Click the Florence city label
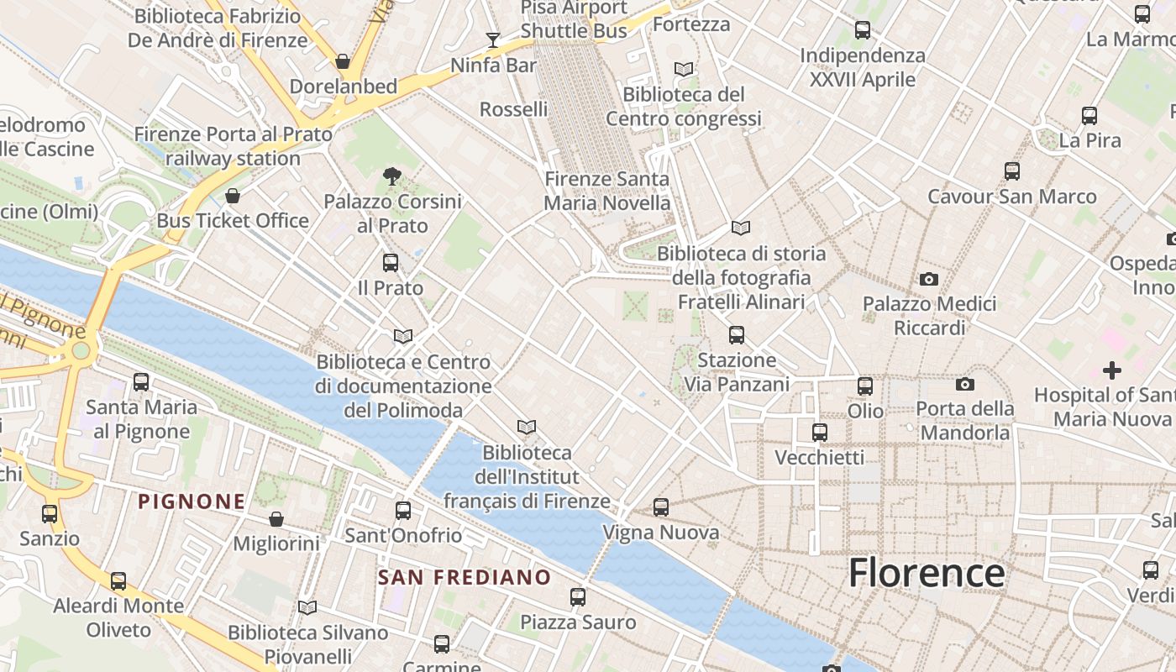(x=926, y=573)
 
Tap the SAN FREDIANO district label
(x=464, y=577)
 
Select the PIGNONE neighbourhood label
(x=192, y=501)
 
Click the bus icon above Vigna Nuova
(x=661, y=507)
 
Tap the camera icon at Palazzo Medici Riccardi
(x=928, y=279)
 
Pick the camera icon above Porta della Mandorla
(x=965, y=384)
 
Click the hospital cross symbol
(x=1111, y=370)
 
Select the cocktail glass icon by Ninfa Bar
(x=492, y=40)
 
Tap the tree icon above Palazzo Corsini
(x=391, y=176)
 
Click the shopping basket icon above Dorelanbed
(x=343, y=61)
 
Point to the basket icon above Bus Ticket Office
(x=233, y=196)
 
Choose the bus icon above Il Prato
(x=391, y=262)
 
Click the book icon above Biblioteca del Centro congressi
(x=684, y=69)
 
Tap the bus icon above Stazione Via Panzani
(x=737, y=335)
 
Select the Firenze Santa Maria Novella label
(x=606, y=191)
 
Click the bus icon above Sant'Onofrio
(x=403, y=510)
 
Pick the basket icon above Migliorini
(x=276, y=519)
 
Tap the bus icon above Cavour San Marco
(x=1012, y=171)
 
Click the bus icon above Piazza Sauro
(x=578, y=597)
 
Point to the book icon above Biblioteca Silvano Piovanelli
(x=307, y=607)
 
